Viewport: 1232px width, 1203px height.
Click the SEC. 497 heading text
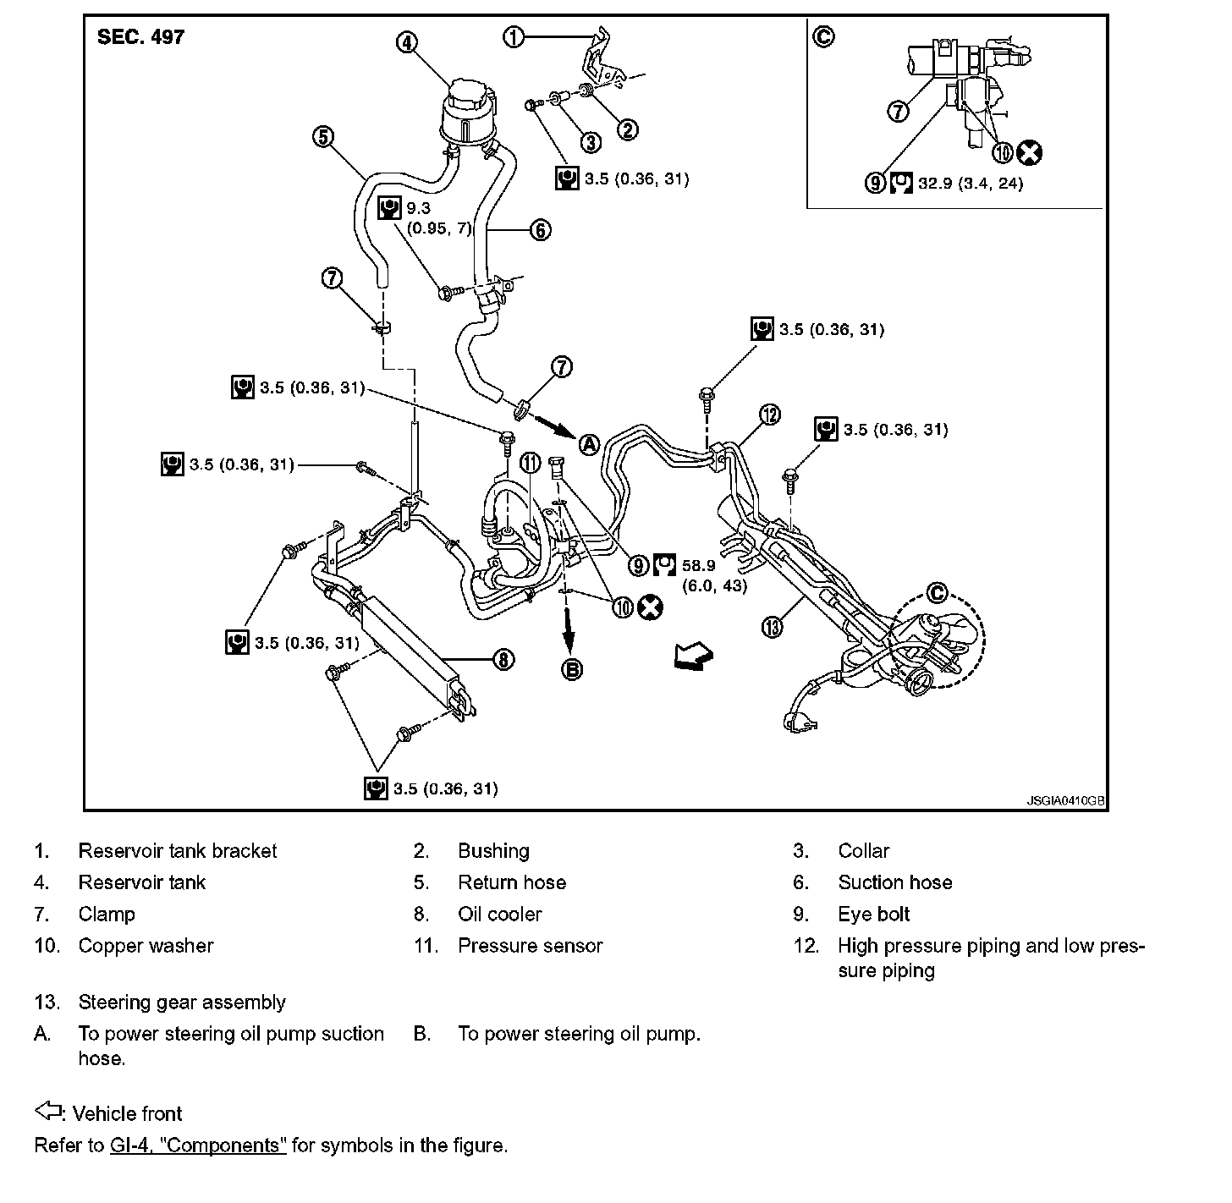point(140,37)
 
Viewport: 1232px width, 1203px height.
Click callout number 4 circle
point(407,42)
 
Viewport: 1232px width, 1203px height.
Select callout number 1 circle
point(514,37)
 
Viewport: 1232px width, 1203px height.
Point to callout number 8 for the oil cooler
point(503,660)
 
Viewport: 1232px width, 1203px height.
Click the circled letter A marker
point(589,443)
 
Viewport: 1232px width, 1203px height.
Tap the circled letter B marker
point(573,670)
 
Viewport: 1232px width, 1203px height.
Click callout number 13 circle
point(773,627)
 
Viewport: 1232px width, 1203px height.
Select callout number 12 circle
point(769,415)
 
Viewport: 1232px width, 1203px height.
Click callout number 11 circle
point(530,462)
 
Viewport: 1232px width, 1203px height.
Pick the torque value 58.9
point(698,565)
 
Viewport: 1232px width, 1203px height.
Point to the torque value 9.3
point(417,206)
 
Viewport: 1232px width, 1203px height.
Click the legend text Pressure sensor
point(530,946)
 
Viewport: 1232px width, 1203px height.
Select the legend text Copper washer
point(146,946)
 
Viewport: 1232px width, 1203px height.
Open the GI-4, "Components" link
point(198,1145)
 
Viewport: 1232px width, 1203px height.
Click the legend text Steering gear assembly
point(182,1002)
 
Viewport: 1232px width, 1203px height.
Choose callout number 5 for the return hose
point(323,137)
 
